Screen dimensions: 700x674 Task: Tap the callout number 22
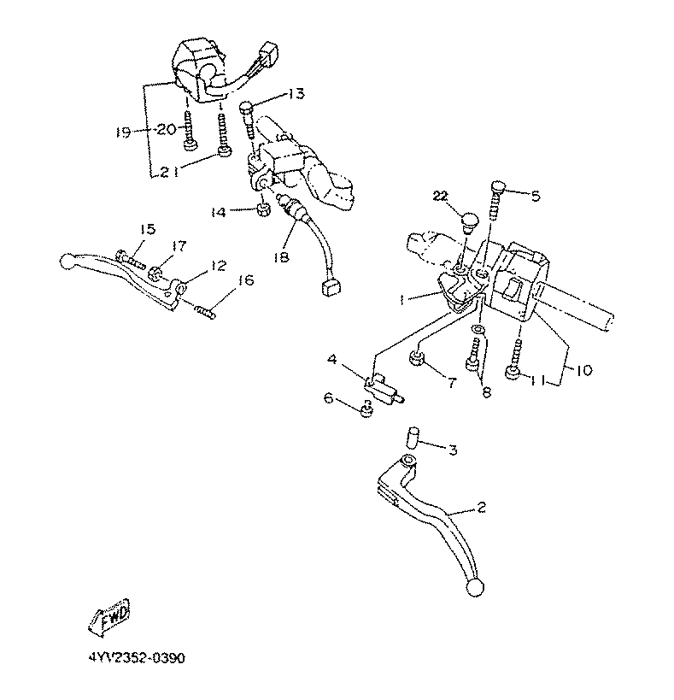coord(441,197)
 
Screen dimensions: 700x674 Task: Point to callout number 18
coord(281,256)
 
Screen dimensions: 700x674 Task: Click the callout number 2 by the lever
coord(481,508)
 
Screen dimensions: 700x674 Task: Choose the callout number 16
coord(246,279)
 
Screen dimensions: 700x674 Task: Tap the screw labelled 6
coord(366,411)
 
